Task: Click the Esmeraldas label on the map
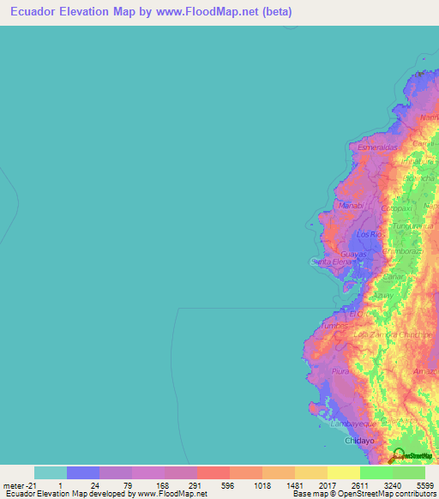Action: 378,147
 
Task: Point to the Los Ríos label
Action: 368,234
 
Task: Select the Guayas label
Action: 353,255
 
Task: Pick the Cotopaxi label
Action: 398,208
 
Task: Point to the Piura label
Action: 340,371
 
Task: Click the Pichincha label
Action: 421,177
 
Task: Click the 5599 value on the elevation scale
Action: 424,485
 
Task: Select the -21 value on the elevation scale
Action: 16,485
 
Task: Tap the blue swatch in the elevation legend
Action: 83,472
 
